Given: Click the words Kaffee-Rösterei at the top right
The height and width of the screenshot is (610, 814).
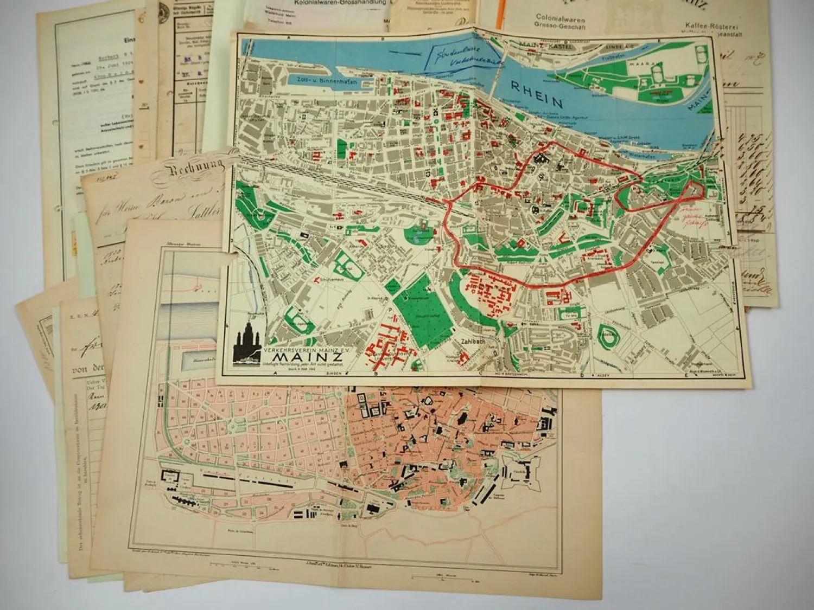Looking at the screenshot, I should tap(710, 25).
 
